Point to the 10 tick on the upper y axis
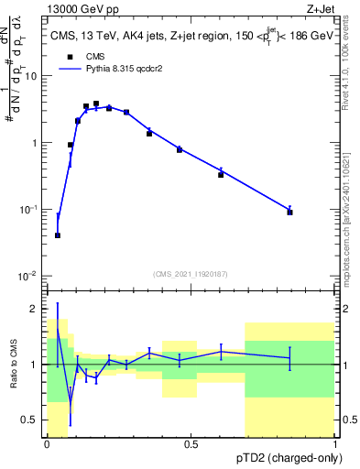pos(34,76)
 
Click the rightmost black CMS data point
pos(289,212)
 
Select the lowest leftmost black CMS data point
pos(58,235)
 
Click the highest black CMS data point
pos(96,104)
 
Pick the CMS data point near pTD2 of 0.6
pos(221,174)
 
